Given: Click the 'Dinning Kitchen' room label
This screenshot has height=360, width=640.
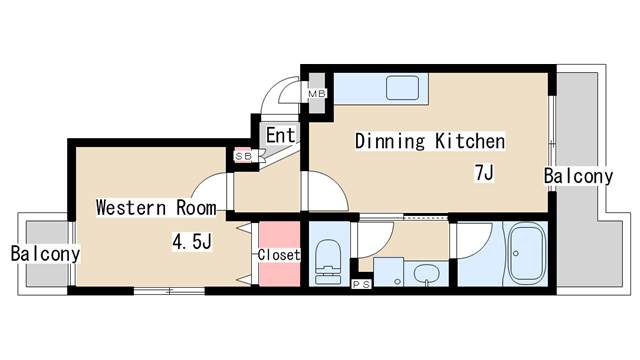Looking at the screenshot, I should tap(430, 141).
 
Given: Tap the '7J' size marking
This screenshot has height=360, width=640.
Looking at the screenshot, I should tap(484, 173).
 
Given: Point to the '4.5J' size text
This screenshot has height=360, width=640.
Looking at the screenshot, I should tap(191, 240).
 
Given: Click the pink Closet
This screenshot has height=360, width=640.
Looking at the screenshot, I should tap(279, 255).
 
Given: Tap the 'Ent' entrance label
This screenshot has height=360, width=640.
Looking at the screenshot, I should tap(279, 135).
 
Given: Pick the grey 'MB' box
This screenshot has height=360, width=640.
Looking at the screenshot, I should tap(316, 94).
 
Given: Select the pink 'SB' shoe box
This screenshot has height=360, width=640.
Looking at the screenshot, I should tap(243, 156).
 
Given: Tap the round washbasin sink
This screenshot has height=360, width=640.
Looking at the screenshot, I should tap(426, 274).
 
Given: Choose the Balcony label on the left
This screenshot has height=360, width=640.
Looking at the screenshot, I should tap(46, 254).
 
